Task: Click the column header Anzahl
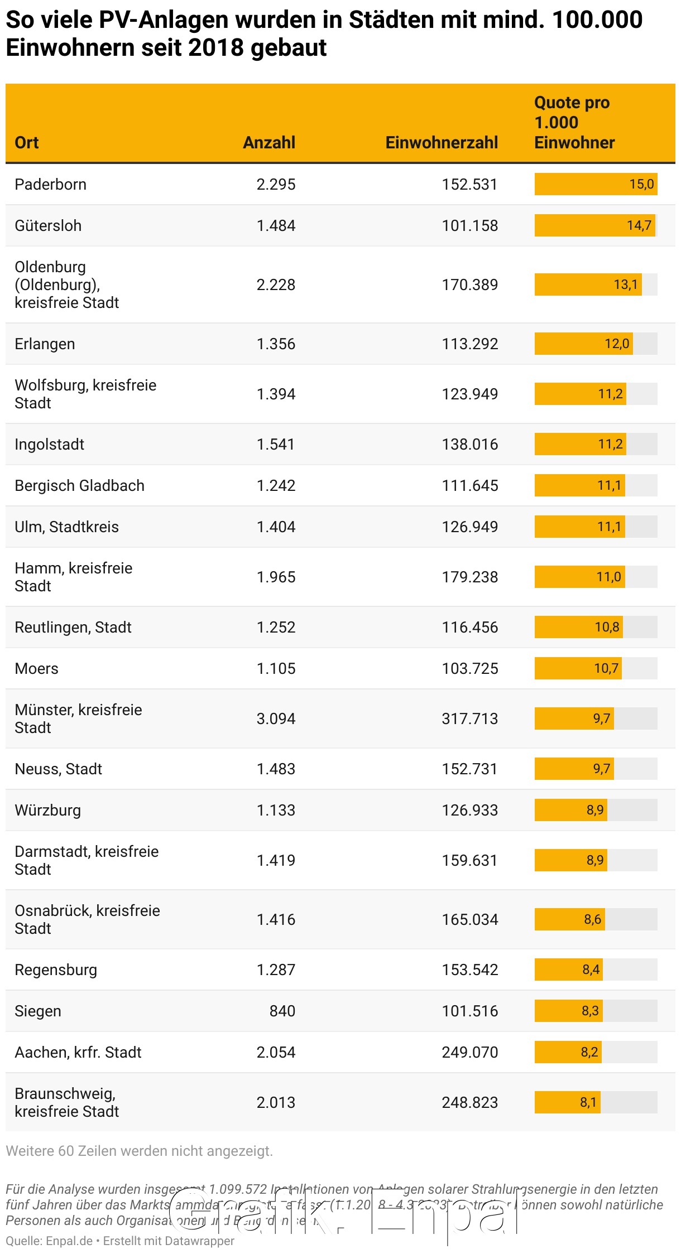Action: coord(269,143)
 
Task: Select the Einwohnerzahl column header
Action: coord(442,143)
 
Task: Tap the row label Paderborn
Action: coord(50,185)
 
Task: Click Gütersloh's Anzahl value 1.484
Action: coord(276,226)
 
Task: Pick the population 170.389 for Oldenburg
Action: coord(469,285)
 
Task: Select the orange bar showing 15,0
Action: coord(596,185)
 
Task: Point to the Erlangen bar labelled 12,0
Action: coord(583,344)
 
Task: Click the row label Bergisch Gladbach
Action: coord(79,486)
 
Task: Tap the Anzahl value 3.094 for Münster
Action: coord(276,719)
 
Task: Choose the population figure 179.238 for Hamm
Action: coord(469,577)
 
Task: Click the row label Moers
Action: coord(36,669)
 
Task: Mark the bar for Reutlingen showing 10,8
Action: coord(578,628)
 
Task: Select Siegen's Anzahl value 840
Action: coord(282,1011)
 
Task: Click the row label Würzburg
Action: coord(47,811)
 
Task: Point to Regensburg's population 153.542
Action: coord(469,970)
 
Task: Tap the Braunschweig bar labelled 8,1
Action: coord(567,1103)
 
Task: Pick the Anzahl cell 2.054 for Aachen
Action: coord(276,1053)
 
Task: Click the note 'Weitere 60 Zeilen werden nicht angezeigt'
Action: coord(140,1151)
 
